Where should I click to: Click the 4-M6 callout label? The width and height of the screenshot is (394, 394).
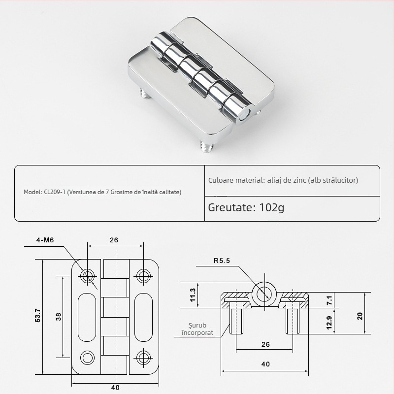[45, 241]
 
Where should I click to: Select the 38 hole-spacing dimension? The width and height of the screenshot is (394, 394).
[59, 317]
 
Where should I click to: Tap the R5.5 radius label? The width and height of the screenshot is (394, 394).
[223, 261]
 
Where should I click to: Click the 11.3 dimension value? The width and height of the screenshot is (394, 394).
[193, 295]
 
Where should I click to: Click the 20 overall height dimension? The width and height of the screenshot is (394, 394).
[360, 316]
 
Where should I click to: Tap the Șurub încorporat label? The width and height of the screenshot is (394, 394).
[194, 329]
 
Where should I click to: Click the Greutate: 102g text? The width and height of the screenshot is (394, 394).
[246, 207]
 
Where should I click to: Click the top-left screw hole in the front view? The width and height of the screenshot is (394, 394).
[88, 276]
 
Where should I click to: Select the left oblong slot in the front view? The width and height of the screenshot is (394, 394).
[88, 316]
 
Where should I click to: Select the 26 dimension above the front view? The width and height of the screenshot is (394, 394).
[114, 241]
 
